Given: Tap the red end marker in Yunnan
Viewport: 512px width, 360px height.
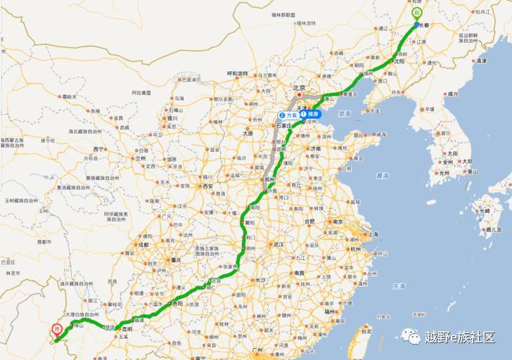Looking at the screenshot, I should [56, 329].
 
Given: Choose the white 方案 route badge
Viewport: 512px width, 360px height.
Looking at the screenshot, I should [288, 115].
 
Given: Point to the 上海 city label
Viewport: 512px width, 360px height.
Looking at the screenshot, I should [373, 234].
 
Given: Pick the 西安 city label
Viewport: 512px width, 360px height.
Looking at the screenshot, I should [207, 186].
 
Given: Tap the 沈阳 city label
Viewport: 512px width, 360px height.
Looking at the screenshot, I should [399, 61].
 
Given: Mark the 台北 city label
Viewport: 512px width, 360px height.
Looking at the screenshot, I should [366, 330].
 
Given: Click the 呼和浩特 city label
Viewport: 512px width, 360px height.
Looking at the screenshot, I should [238, 74].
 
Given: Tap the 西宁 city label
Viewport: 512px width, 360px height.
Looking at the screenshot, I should [98, 149].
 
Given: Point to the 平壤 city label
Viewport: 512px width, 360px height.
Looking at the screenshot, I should [429, 109].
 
